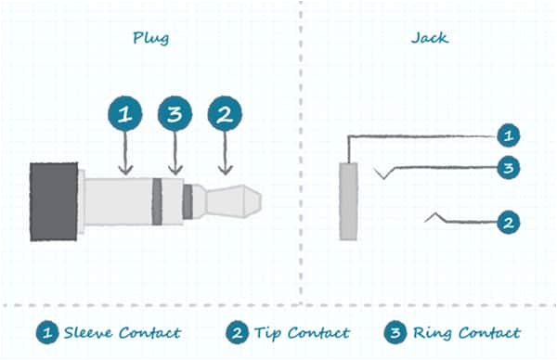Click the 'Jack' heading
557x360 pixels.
point(428,39)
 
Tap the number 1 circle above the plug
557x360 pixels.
point(125,114)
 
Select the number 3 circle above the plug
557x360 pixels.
point(174,114)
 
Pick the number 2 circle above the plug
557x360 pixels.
point(224,114)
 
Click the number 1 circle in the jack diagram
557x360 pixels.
point(508,136)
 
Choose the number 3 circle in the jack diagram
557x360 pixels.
point(508,169)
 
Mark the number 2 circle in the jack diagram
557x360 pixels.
point(508,223)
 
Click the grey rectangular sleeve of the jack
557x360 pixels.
point(348,200)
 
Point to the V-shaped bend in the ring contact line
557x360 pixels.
point(382,175)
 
